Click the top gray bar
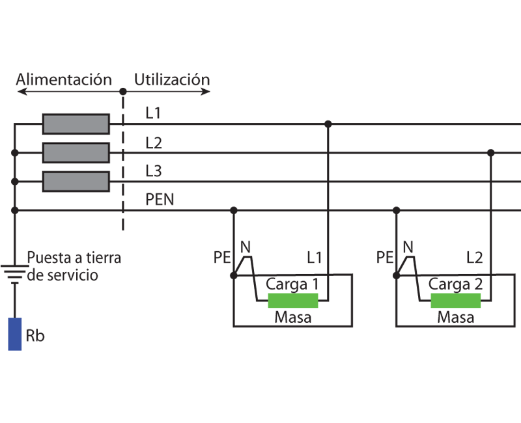pyautogui.click(x=76, y=124)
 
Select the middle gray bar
pyautogui.click(x=76, y=152)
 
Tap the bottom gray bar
pyautogui.click(x=76, y=182)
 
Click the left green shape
pyautogui.click(x=293, y=301)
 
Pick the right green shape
pyautogui.click(x=456, y=301)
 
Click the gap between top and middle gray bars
pyautogui.click(x=76, y=138)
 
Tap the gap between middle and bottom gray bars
pyautogui.click(x=76, y=167)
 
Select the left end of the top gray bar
pyautogui.click(x=46, y=124)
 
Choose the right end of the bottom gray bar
pyautogui.click(x=106, y=182)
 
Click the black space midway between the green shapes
pyautogui.click(x=374, y=301)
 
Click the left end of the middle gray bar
pyautogui.click(x=46, y=152)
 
